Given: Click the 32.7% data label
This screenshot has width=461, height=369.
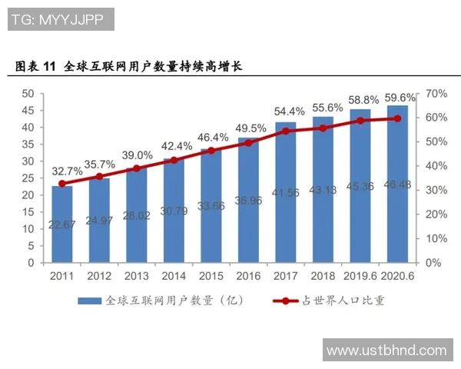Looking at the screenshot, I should click(x=62, y=171).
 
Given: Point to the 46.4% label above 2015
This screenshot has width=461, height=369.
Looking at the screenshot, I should click(x=211, y=138).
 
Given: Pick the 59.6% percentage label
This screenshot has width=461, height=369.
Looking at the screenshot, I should click(x=400, y=98).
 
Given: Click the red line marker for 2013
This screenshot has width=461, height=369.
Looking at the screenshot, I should click(x=137, y=168).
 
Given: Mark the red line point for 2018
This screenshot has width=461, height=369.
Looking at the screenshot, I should click(x=323, y=128).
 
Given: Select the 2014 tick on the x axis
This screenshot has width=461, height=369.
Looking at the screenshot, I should click(x=174, y=274).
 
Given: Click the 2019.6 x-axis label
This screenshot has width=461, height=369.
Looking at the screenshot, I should click(x=360, y=274).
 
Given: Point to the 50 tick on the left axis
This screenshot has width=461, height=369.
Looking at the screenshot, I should click(x=27, y=93).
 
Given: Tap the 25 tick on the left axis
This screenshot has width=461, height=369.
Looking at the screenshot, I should click(x=27, y=178).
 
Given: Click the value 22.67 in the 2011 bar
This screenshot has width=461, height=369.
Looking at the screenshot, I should click(x=62, y=224).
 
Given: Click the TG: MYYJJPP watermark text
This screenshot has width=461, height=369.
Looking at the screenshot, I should click(x=61, y=19).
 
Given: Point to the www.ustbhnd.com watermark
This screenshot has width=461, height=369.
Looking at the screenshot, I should click(x=386, y=351).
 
